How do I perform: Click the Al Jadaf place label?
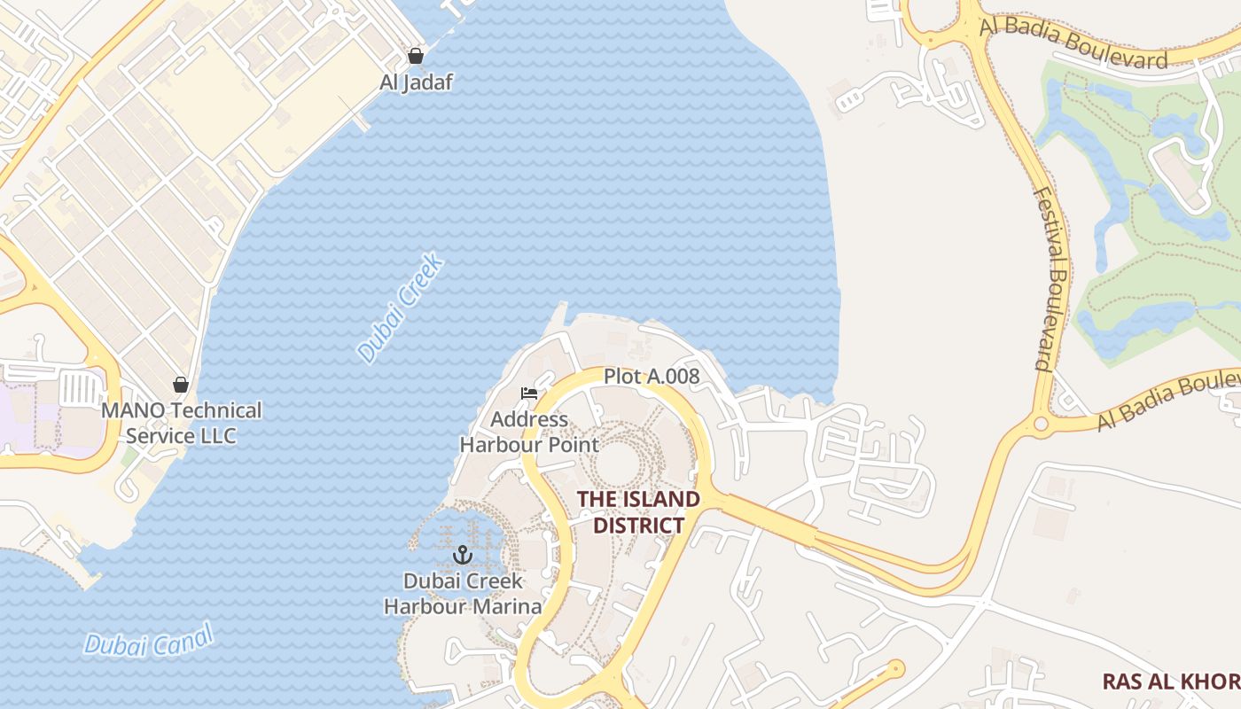[x=416, y=82]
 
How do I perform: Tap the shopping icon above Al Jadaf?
[x=416, y=57]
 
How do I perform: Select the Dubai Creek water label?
[x=401, y=308]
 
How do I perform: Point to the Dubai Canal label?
[x=149, y=641]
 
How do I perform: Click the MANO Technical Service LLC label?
[x=181, y=423]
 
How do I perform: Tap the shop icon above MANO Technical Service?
[x=181, y=385]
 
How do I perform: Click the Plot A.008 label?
[x=652, y=377]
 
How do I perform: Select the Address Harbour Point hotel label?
[x=529, y=432]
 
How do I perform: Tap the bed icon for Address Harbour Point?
[x=529, y=393]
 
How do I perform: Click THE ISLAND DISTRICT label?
[x=638, y=512]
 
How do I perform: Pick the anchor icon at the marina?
[x=462, y=556]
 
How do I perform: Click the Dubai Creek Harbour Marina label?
[x=462, y=594]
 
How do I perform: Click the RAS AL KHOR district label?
[x=1170, y=682]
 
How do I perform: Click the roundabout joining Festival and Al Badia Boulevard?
[x=1041, y=424]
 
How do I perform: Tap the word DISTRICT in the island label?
[x=638, y=526]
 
